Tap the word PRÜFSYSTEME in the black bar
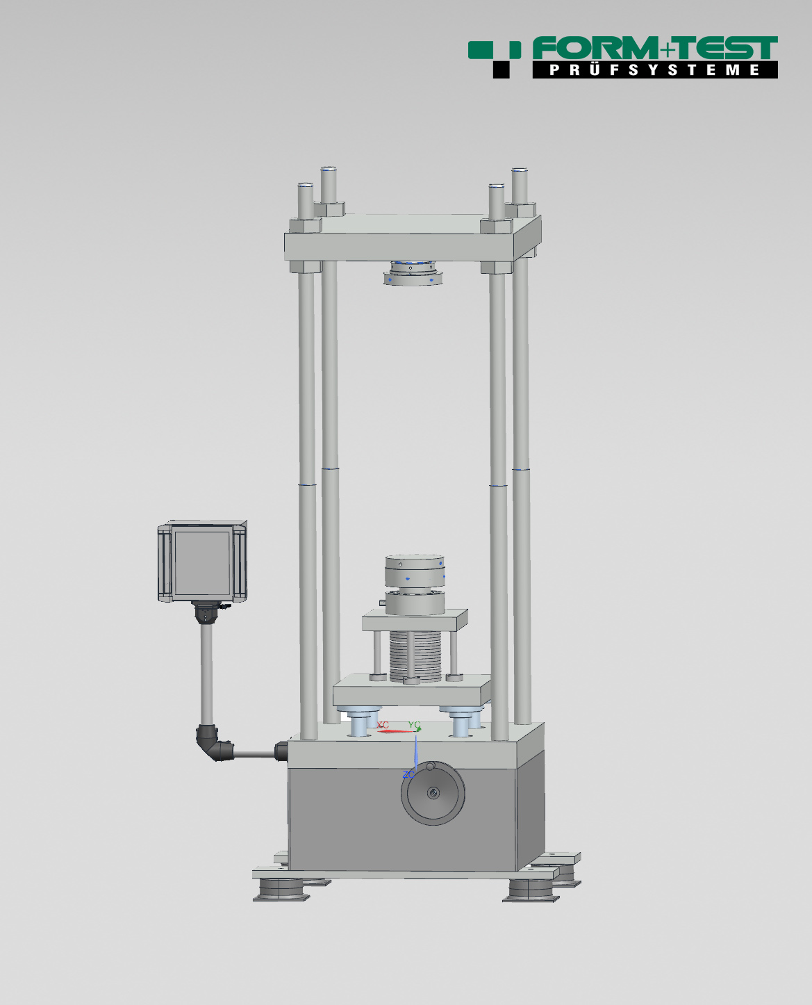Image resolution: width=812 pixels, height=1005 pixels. click(x=654, y=70)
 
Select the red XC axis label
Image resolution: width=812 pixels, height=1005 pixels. click(x=383, y=724)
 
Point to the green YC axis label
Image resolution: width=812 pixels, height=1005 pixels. click(x=414, y=724)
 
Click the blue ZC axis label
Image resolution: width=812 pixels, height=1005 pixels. click(x=408, y=774)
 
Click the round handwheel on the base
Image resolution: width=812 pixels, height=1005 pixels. click(x=433, y=794)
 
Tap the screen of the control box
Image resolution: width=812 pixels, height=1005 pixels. click(x=203, y=562)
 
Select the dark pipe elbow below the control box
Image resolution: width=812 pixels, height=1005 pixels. click(x=215, y=744)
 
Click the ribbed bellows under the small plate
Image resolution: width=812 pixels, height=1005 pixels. click(x=415, y=656)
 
